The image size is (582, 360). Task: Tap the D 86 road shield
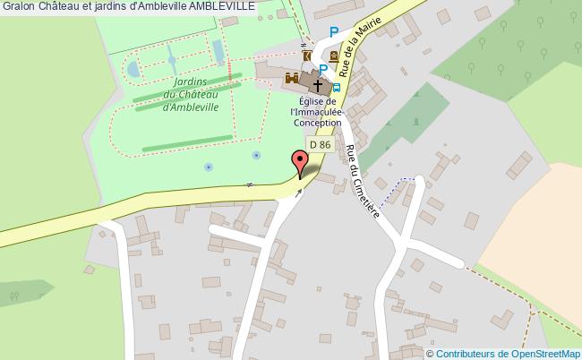pyautogui.click(x=320, y=144)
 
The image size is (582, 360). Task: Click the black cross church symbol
pyautogui.click(x=317, y=84)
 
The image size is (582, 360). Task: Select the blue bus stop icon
pyautogui.click(x=336, y=88)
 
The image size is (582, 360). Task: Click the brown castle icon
pyautogui.click(x=292, y=80)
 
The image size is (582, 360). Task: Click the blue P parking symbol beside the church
pyautogui.click(x=322, y=69)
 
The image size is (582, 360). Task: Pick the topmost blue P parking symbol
pyautogui.click(x=333, y=32)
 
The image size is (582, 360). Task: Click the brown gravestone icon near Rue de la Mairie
pyautogui.click(x=333, y=56)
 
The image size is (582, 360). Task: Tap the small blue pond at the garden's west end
pyautogui.click(x=133, y=68)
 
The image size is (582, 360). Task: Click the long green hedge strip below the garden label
pyautogui.click(x=187, y=144)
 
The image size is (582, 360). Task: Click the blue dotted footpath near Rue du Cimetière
pyautogui.click(x=398, y=183)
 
